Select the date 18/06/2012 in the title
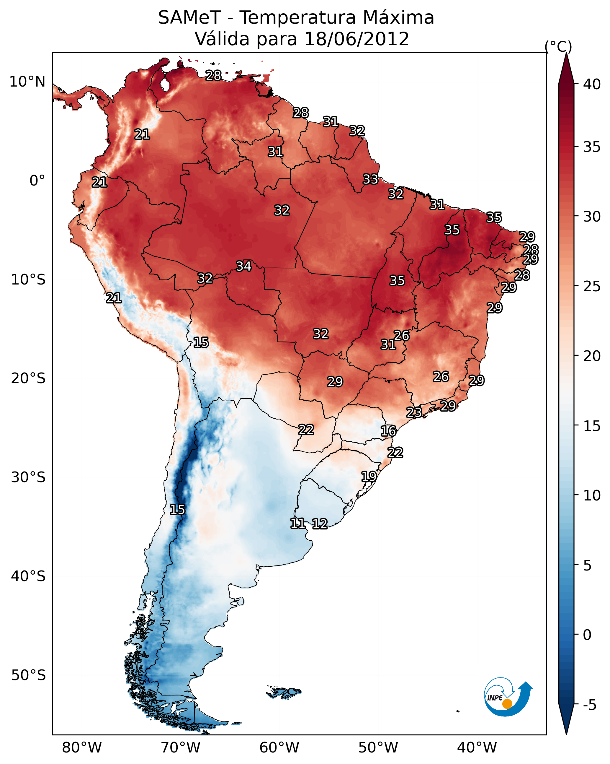point(356,39)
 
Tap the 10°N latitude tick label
point(27,82)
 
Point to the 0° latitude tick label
point(37,181)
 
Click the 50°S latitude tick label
point(28,675)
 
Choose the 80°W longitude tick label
point(82,748)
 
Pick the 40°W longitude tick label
point(477,748)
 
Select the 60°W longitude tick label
point(279,748)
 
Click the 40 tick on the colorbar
point(592,84)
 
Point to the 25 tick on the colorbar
point(592,286)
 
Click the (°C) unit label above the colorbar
point(558,46)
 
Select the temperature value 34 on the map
point(243,266)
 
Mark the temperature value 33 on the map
point(370,179)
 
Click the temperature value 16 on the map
point(388,431)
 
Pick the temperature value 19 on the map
point(369,476)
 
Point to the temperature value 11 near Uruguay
point(297,524)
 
